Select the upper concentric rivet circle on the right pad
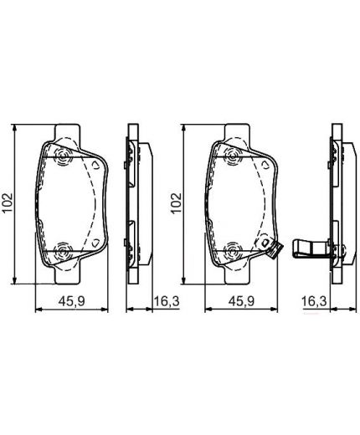[233, 157]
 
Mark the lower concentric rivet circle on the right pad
[233, 249]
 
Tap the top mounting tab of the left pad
[69, 132]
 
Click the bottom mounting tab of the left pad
[69, 274]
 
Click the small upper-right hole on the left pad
[98, 165]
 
